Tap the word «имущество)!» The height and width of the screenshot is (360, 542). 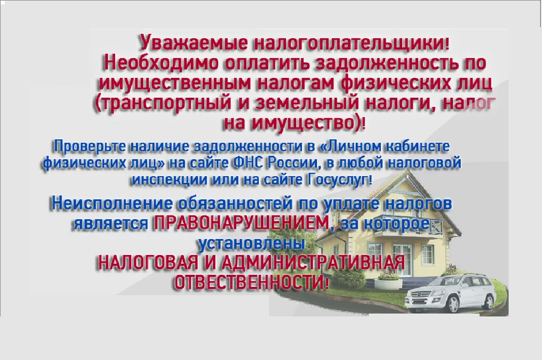(x=308, y=124)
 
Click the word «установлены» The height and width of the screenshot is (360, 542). (x=252, y=243)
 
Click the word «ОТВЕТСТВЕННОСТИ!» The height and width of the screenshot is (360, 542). (x=251, y=283)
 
